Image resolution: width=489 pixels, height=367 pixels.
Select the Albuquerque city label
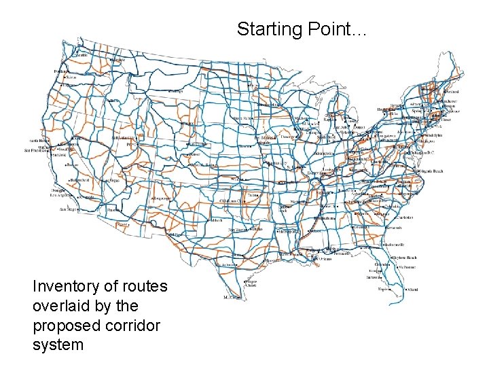pyautogui.click(x=161, y=198)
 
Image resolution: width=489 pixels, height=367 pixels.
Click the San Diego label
pyautogui.click(x=69, y=210)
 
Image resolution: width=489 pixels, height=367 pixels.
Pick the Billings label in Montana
pyautogui.click(x=176, y=90)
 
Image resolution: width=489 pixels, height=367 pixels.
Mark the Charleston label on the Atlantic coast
pyautogui.click(x=405, y=217)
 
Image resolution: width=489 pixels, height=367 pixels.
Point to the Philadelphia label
pyautogui.click(x=431, y=135)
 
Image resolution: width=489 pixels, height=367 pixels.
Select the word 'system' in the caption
pyautogui.click(x=58, y=345)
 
